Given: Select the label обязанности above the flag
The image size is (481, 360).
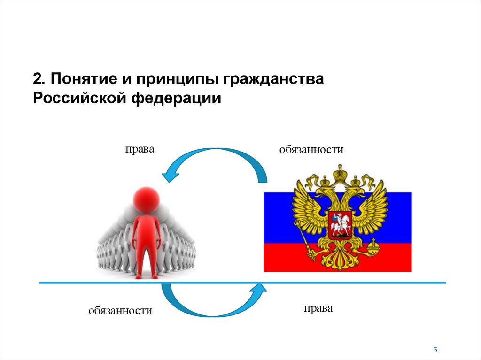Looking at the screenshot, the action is (311, 150).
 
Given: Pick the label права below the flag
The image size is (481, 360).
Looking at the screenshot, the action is (318, 308).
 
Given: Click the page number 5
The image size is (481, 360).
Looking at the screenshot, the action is (435, 350).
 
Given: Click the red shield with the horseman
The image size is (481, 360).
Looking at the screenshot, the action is (339, 225).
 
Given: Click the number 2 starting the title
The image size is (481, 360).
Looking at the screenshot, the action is (37, 78).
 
